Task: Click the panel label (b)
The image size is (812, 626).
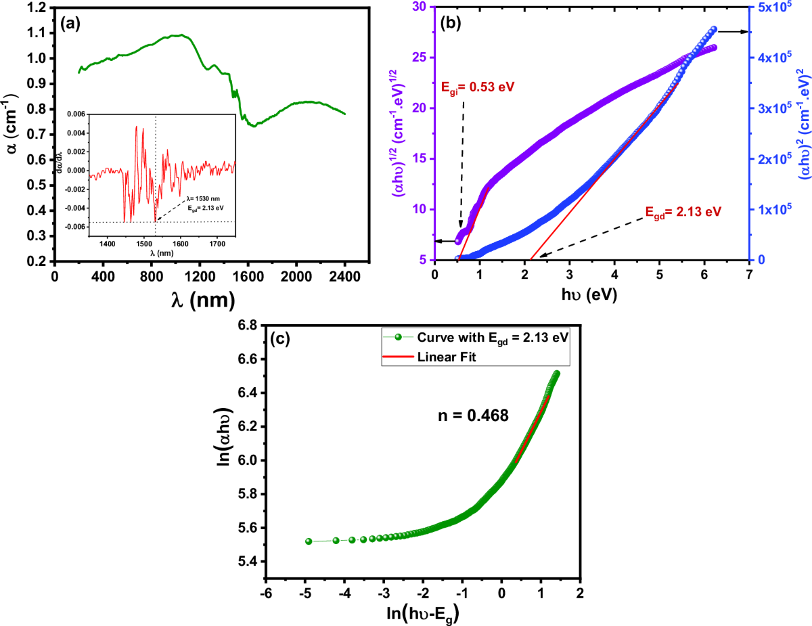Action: coord(451,24)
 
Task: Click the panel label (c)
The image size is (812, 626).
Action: coord(279,339)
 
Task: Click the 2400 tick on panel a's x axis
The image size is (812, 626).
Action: coord(345,277)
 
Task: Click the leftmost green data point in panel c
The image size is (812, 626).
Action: coord(309,541)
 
